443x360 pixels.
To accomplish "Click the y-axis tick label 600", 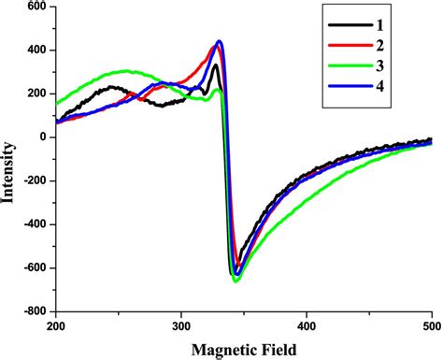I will (36, 7).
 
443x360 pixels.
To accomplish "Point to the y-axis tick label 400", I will (36, 50).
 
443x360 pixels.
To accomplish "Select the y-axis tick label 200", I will (36, 94).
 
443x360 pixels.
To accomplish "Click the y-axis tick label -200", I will (34, 181).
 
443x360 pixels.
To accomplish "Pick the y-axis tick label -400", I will (34, 224).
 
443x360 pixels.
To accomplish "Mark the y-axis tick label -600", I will (34, 268).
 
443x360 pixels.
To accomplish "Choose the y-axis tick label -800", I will (34, 311).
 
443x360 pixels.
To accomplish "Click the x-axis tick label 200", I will (56, 327).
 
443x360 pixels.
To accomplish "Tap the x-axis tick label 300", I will (181, 327).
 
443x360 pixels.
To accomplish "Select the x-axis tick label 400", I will (306, 327).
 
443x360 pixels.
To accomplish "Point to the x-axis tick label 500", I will (430, 327).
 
